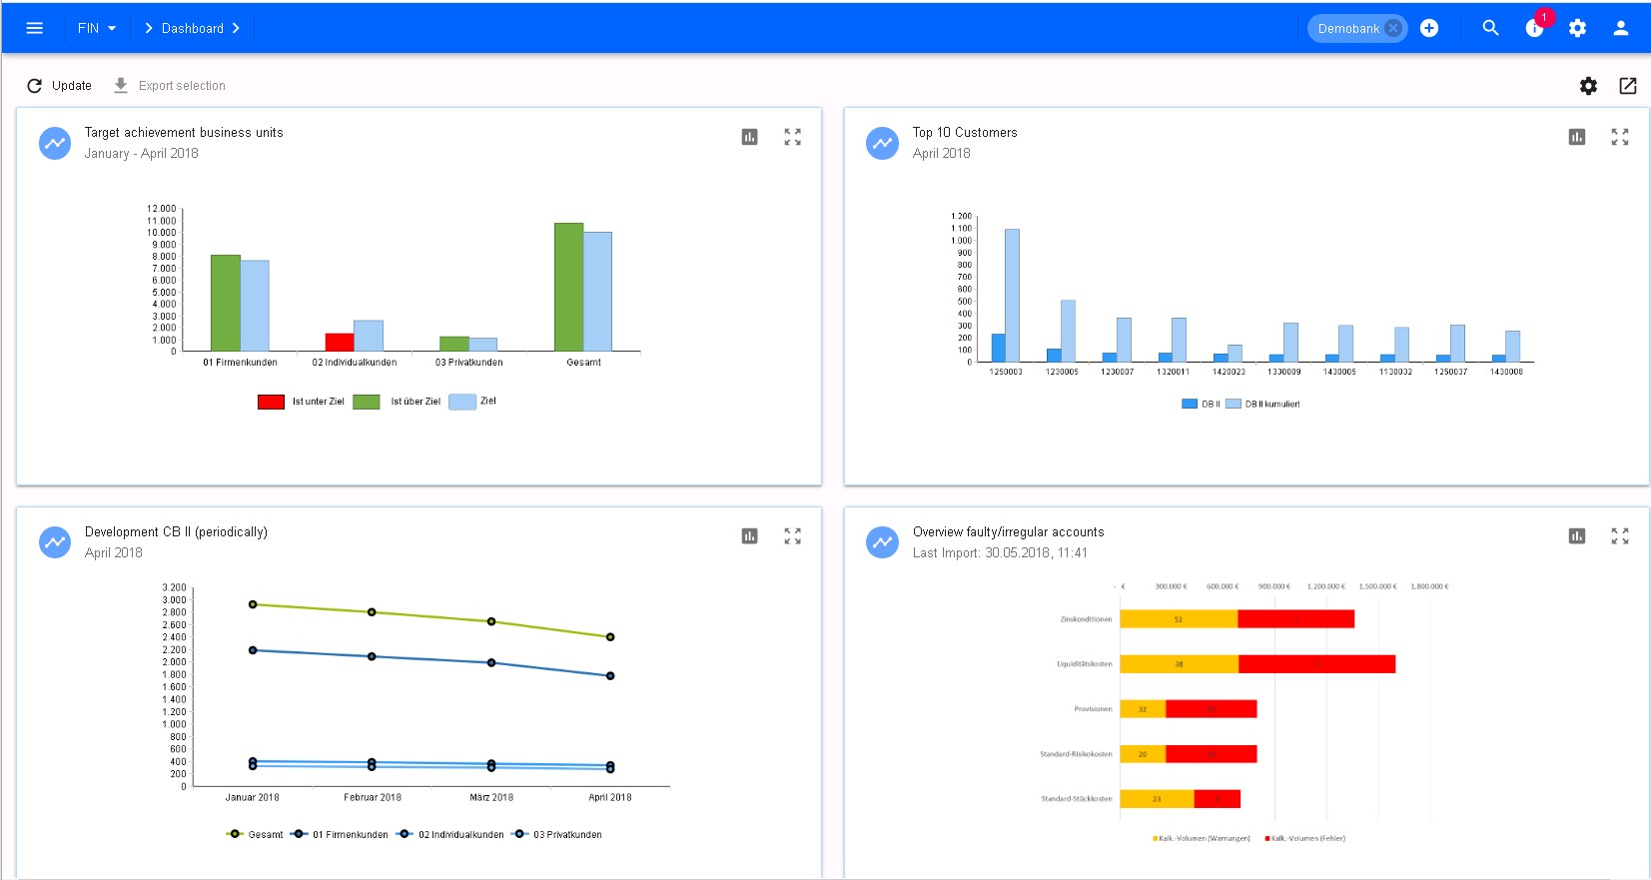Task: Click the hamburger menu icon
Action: pos(34,28)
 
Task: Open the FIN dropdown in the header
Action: pos(97,28)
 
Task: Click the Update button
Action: pos(60,86)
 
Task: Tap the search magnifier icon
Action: pos(1490,28)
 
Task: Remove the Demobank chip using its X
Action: pos(1393,28)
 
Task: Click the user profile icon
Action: pos(1620,28)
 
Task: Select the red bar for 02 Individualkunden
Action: pos(340,342)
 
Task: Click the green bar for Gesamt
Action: pos(568,287)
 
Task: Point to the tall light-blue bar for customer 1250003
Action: pos(1012,295)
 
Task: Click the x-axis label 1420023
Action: pos(1229,372)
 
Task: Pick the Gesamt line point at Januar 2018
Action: pos(253,604)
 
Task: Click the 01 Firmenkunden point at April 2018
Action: pos(610,676)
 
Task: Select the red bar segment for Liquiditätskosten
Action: pos(1316,664)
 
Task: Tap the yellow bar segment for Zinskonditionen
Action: pos(1179,619)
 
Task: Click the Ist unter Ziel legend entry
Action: pos(301,402)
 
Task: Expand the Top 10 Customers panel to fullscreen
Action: pos(1619,137)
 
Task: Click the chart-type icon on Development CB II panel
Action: pos(749,536)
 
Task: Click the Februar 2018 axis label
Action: pos(373,797)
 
